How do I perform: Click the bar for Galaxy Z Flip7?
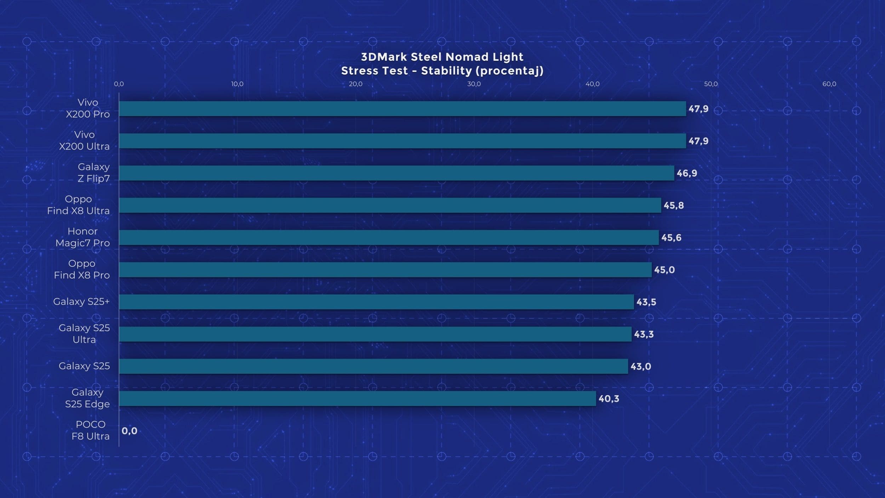[x=396, y=173]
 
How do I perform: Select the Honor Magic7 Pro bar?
[x=389, y=238]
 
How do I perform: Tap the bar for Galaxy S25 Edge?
[x=358, y=398]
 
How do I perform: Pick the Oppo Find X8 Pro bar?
[x=385, y=270]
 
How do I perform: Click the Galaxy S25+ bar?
[x=376, y=302]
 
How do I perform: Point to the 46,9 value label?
[x=687, y=173]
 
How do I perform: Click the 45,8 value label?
[x=674, y=205]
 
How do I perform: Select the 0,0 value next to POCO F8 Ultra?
[x=130, y=431]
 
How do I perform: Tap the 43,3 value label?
[x=644, y=334]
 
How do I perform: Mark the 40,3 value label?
[x=609, y=399]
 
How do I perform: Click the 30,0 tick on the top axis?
[x=474, y=84]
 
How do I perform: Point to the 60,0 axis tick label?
[x=829, y=84]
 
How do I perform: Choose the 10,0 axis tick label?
[x=237, y=84]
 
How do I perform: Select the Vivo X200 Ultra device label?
[x=84, y=141]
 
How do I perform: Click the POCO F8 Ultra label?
[x=91, y=430]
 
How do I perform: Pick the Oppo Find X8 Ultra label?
[x=78, y=205]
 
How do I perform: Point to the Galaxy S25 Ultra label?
[x=84, y=334]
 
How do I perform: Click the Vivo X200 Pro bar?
[x=402, y=109]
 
